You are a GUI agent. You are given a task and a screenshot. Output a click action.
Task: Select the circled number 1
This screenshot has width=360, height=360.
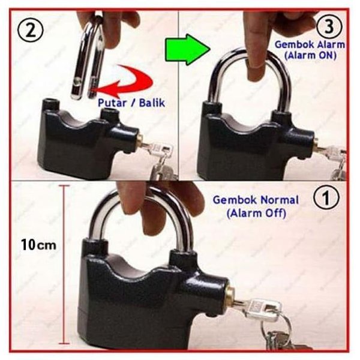(x=326, y=198)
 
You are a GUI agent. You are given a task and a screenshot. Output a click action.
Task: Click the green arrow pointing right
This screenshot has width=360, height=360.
(x=187, y=50)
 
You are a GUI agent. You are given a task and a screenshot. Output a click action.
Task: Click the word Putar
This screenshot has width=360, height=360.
(x=112, y=103)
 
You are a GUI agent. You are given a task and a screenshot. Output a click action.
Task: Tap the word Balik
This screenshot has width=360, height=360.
(x=152, y=103)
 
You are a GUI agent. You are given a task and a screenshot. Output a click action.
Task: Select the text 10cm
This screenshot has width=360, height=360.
(x=38, y=244)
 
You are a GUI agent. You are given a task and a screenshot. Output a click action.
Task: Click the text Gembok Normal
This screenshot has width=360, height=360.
(x=256, y=200)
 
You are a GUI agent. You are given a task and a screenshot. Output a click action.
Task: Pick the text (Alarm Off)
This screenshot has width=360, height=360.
(x=256, y=214)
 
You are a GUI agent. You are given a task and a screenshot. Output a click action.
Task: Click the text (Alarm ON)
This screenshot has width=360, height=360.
(x=310, y=56)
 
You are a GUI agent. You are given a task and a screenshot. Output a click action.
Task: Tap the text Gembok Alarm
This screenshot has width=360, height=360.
(x=310, y=44)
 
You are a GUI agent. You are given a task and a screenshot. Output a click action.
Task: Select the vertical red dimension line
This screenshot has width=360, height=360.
(x=64, y=265)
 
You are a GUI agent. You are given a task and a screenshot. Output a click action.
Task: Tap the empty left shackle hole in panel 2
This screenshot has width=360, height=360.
(x=50, y=101)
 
